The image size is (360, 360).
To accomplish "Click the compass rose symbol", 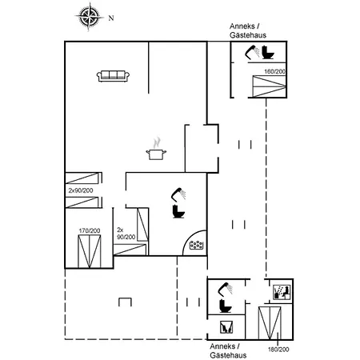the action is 89,17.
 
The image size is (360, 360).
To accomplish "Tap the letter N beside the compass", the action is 111,18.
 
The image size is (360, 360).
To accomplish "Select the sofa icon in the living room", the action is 113,76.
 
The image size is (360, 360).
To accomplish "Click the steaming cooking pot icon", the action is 156,149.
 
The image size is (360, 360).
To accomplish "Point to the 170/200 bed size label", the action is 90,230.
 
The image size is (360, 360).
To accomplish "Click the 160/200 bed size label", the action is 274,71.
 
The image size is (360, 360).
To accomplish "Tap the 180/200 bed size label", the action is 278,350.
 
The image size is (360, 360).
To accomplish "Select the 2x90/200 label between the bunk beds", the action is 81,190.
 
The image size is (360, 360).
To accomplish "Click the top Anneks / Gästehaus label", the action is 248,30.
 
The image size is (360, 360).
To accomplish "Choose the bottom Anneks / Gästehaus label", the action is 228,350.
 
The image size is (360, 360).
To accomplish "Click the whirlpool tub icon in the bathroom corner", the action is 197,245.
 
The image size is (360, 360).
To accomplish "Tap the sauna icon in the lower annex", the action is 282,292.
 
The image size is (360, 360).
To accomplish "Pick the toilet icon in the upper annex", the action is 268,53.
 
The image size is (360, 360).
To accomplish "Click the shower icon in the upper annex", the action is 252,52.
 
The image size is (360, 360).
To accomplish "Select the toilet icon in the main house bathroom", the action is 178,211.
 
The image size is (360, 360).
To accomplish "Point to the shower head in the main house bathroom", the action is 178,194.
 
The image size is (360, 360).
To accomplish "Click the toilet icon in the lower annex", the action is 226,306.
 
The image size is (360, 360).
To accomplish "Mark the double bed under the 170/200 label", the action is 90,251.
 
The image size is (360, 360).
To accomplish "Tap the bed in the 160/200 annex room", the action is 269,86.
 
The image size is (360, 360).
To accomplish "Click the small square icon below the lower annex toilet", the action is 226,327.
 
